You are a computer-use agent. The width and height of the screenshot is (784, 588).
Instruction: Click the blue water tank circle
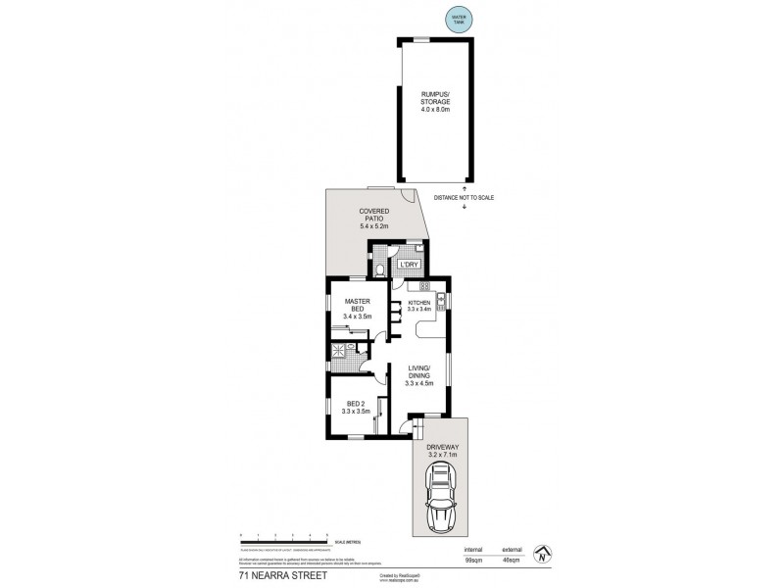point(457,20)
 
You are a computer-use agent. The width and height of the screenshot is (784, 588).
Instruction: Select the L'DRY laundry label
point(408,265)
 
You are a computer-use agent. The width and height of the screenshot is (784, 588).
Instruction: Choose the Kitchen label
point(419,305)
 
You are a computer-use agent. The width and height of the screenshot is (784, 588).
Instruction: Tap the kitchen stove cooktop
point(425,286)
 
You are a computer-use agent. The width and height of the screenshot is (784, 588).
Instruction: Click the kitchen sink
point(443,299)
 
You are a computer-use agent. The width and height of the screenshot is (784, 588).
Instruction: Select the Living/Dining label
point(419,373)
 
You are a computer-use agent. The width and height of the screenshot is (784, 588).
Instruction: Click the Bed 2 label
point(357,407)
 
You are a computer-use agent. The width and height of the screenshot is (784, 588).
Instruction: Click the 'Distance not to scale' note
point(464,198)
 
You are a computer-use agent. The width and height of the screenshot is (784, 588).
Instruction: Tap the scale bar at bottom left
point(284,536)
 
